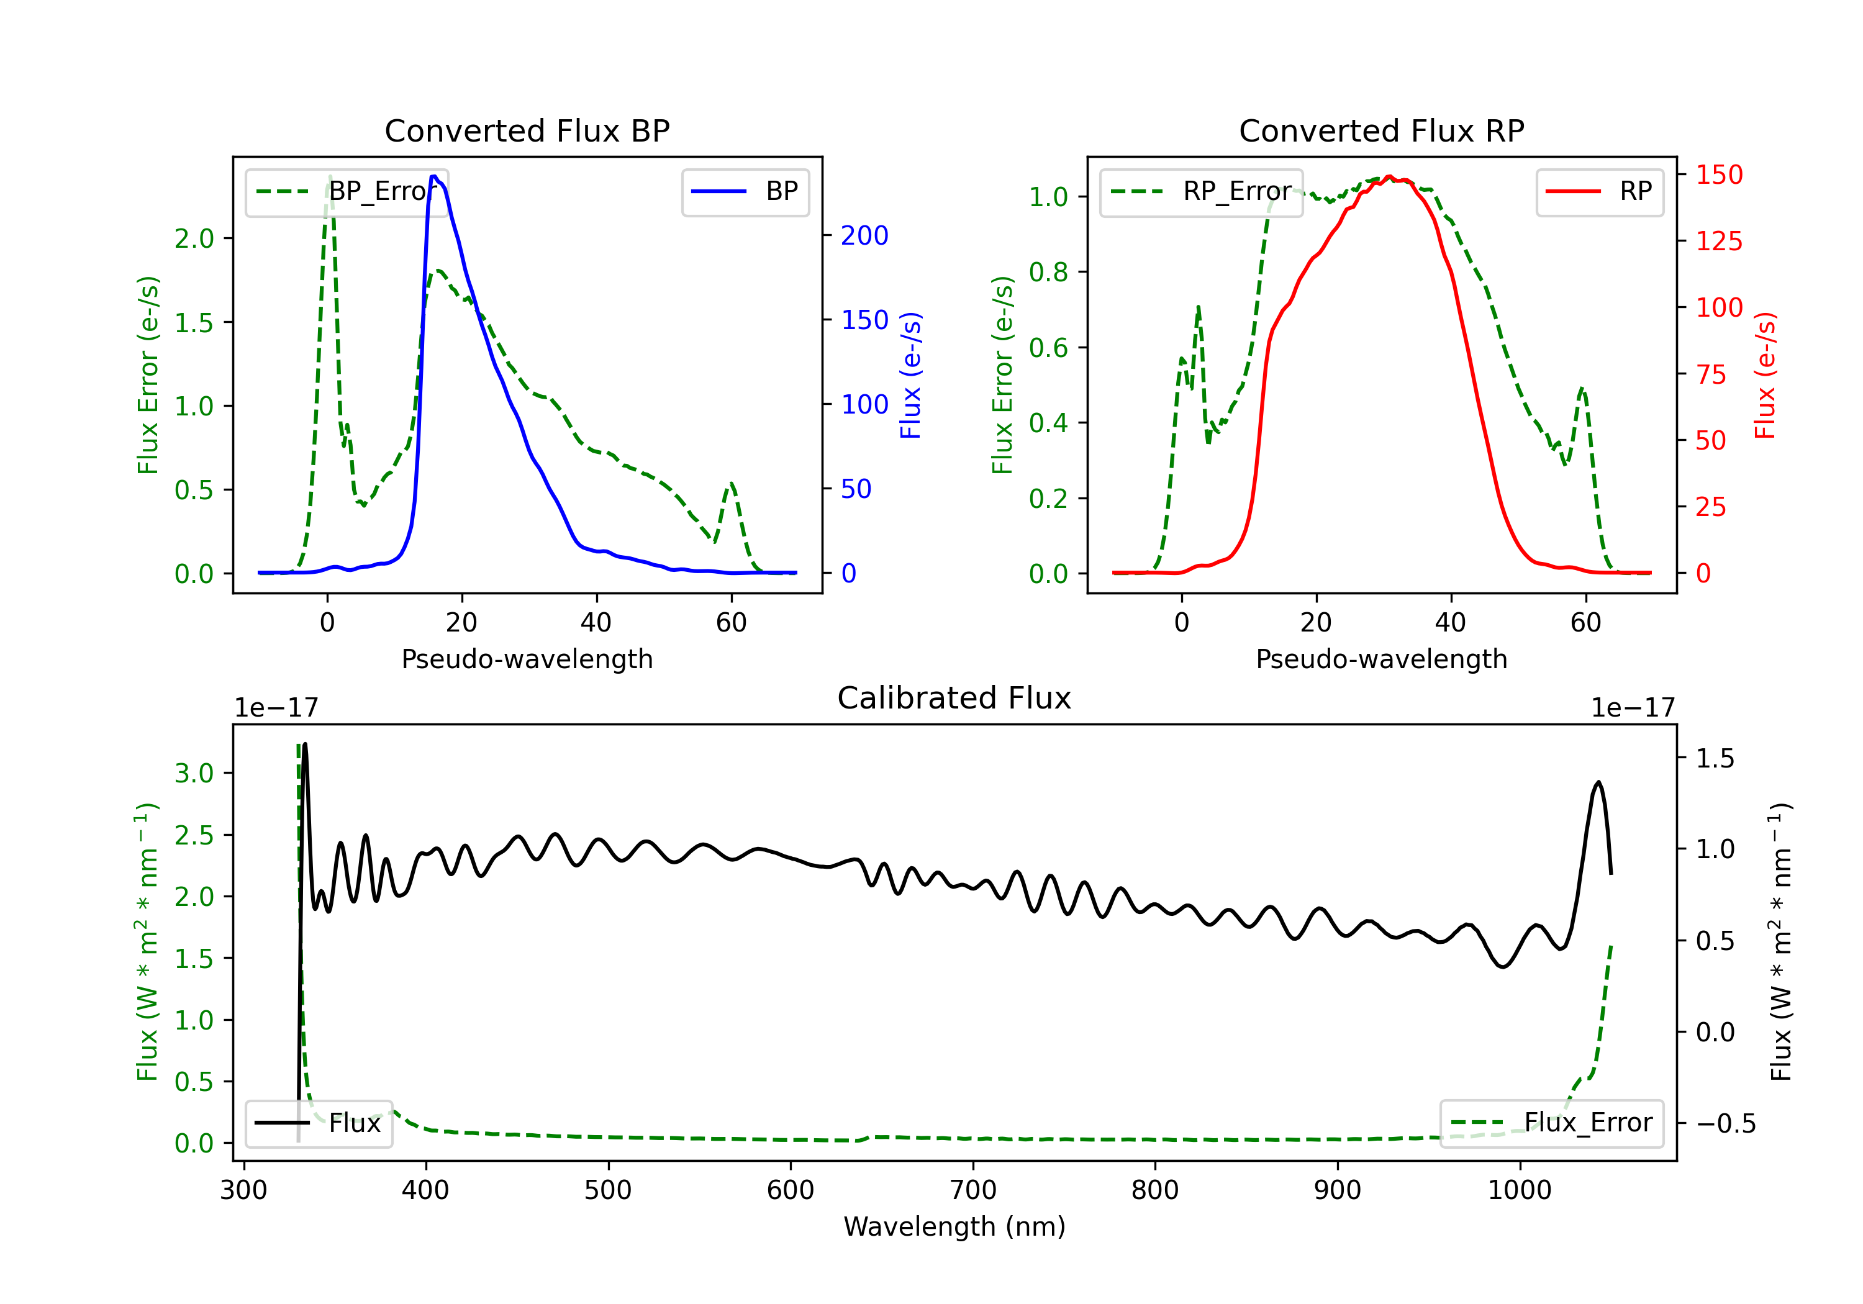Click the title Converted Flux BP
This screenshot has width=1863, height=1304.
point(527,130)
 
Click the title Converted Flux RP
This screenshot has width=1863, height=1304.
point(1381,130)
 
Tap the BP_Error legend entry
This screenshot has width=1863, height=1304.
point(347,191)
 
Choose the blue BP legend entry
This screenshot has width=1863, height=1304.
point(746,191)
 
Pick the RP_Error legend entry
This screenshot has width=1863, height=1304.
point(1202,191)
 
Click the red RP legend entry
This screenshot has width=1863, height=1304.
point(1600,191)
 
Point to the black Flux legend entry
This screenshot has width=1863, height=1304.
point(319,1123)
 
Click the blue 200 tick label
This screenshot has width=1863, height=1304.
point(864,235)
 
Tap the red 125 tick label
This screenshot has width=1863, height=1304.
point(1718,241)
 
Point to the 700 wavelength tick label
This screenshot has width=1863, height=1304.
point(973,1190)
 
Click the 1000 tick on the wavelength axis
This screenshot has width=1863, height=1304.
point(1519,1190)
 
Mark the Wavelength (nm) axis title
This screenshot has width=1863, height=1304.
point(954,1226)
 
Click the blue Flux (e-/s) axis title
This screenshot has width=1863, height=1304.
point(911,375)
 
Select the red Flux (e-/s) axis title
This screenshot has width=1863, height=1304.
point(1766,375)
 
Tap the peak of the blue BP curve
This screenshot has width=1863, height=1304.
point(434,176)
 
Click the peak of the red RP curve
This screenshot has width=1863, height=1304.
point(1389,176)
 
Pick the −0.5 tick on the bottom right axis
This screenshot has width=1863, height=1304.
point(1725,1124)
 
